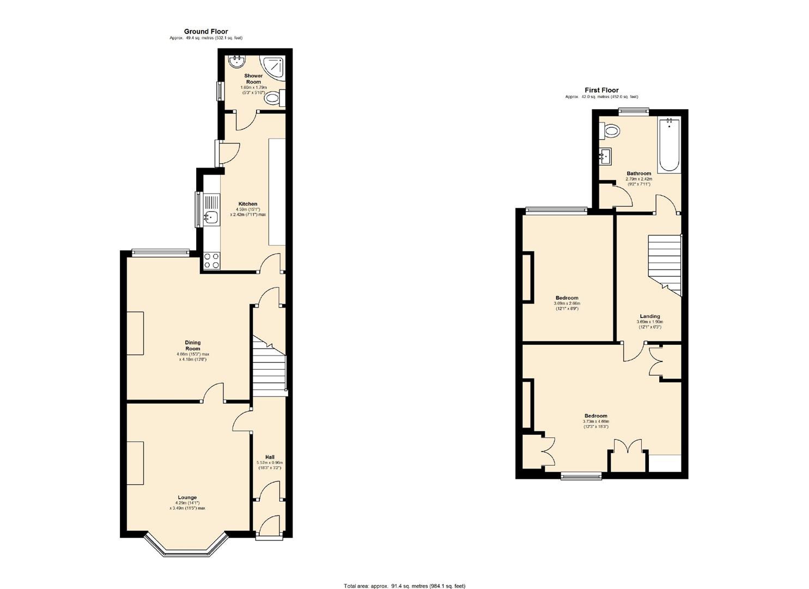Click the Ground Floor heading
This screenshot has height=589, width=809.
click(206, 32)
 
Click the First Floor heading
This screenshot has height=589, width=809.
click(601, 91)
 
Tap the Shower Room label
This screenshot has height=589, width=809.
click(253, 79)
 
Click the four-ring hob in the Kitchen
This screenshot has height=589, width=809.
click(211, 261)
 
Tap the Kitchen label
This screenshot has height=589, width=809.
click(247, 204)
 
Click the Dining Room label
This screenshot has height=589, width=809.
click(192, 345)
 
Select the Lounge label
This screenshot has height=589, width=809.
click(187, 497)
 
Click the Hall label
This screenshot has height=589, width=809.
click(270, 457)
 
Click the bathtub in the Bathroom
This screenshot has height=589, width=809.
click(668, 145)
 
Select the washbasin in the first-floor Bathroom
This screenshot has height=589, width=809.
click(605, 156)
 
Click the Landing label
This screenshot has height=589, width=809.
click(650, 316)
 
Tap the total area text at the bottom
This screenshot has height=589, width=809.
click(404, 586)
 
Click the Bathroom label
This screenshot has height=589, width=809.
click(638, 173)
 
